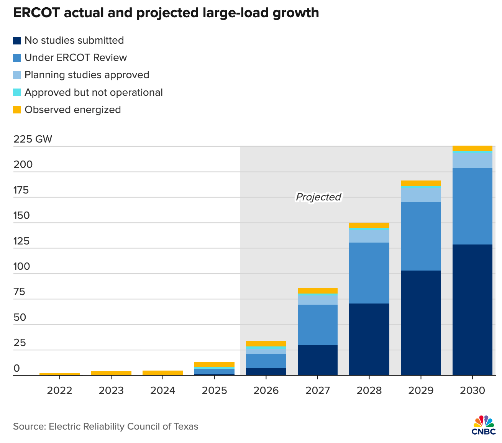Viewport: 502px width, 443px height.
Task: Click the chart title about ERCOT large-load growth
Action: (166, 13)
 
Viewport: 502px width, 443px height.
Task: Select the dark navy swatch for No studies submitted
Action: (17, 41)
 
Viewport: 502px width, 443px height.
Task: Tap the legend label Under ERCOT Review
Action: (75, 58)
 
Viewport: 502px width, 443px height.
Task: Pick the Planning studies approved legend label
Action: (87, 75)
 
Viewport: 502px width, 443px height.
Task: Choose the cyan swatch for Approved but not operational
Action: (17, 93)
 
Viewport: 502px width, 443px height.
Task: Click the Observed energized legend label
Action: (72, 110)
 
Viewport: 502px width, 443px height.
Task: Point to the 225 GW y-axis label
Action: (33, 139)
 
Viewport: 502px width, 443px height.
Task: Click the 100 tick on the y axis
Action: (21, 267)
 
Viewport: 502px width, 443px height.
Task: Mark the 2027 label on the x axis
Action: (317, 391)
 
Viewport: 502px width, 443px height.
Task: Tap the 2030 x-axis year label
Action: (472, 391)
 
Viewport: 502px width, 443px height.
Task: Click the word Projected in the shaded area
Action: (318, 197)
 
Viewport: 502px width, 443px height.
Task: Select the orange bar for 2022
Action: (59, 374)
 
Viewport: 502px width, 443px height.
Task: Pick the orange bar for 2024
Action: (162, 373)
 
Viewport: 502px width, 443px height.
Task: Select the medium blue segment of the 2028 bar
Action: (369, 273)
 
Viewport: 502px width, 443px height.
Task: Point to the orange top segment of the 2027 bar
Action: (317, 290)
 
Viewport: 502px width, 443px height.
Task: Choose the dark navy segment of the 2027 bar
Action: (317, 360)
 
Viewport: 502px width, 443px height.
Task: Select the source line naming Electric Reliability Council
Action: (106, 427)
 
